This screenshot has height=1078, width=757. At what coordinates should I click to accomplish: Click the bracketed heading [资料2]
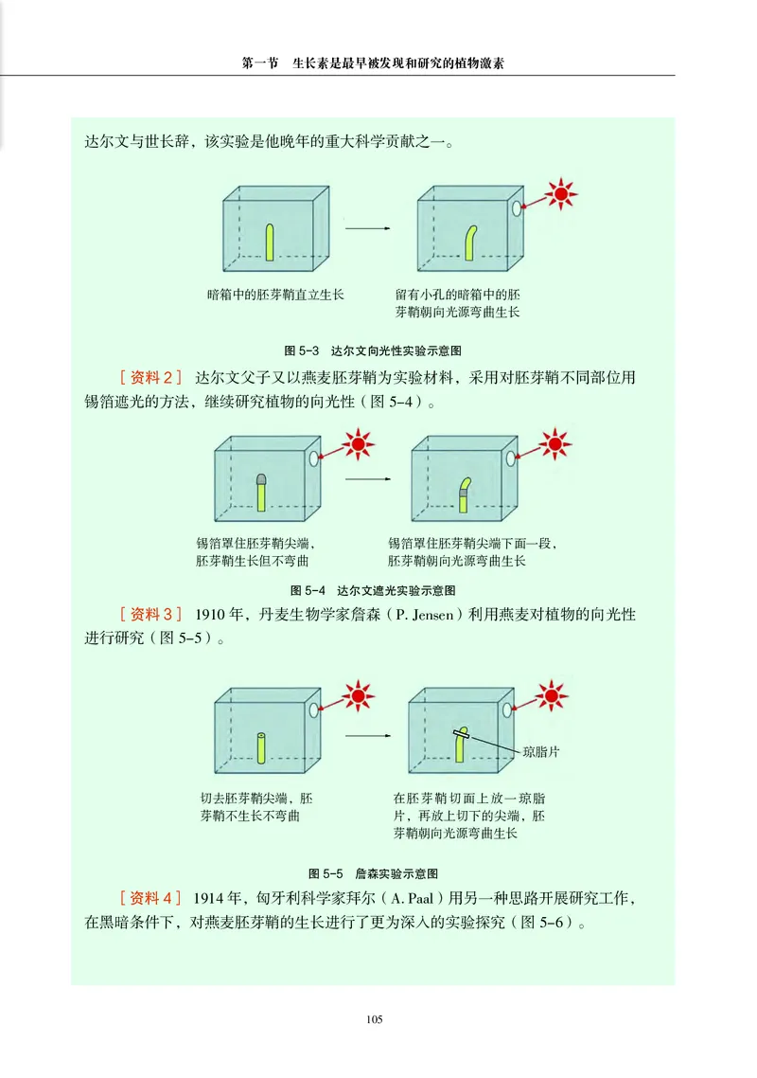point(150,377)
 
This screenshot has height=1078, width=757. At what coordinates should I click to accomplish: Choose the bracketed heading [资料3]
point(150,615)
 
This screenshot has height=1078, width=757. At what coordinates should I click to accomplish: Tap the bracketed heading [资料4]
point(150,898)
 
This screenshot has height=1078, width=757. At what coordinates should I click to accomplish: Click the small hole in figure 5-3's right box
point(517,208)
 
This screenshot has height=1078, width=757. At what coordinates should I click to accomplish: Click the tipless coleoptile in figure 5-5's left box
point(262,747)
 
